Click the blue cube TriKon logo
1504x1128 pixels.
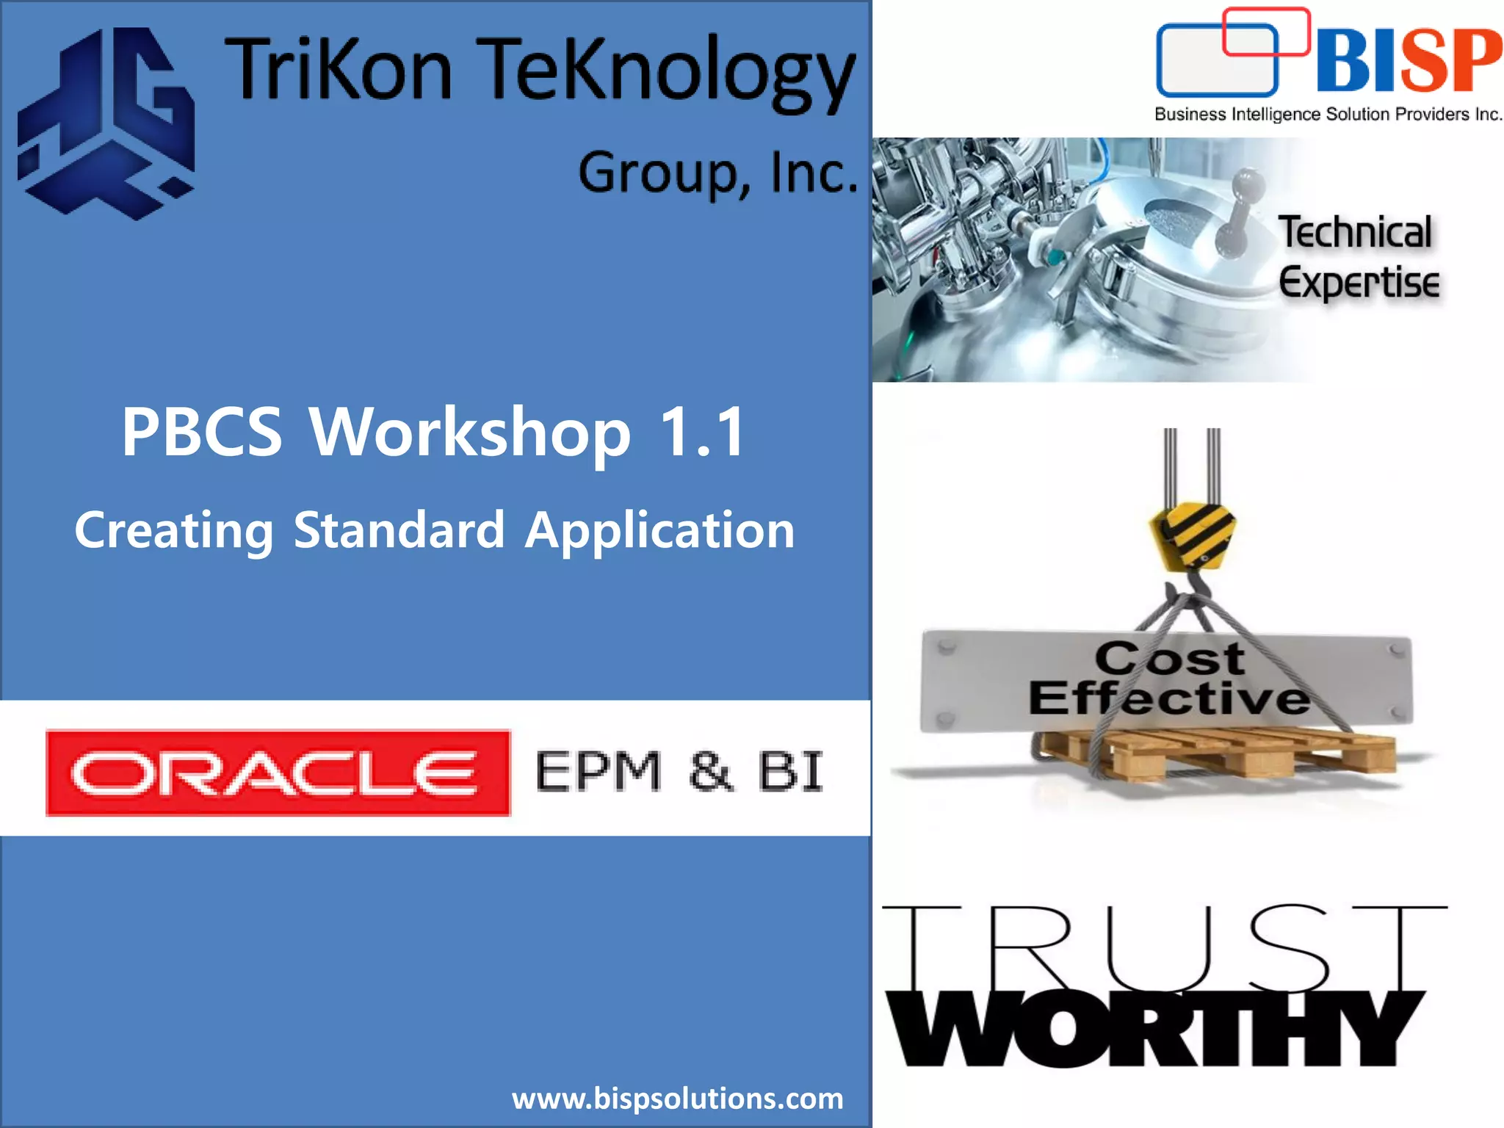(x=107, y=123)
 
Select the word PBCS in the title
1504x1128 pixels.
(x=202, y=433)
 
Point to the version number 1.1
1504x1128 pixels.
(x=703, y=433)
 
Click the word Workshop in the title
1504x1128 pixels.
(x=470, y=433)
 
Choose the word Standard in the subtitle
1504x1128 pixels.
(x=399, y=530)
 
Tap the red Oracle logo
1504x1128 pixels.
(x=278, y=773)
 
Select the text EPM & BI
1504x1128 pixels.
(x=679, y=772)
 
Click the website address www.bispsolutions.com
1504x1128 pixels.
(x=677, y=1099)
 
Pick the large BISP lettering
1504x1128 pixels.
(x=1409, y=62)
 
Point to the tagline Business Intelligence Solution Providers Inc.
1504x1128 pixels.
(x=1328, y=115)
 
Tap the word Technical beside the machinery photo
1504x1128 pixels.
(x=1355, y=233)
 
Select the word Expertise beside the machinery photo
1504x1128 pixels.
(x=1359, y=283)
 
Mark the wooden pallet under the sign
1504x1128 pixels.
(x=1219, y=753)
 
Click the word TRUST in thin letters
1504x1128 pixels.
(x=1163, y=947)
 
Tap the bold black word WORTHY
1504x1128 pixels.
(x=1153, y=1028)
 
